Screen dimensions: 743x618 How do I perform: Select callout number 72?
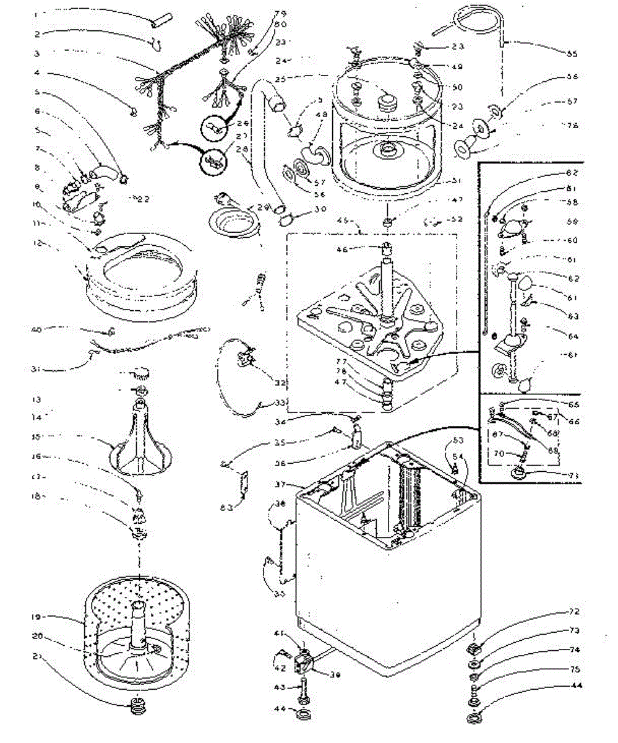coord(574,612)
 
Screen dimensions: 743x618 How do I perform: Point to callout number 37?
coord(280,484)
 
